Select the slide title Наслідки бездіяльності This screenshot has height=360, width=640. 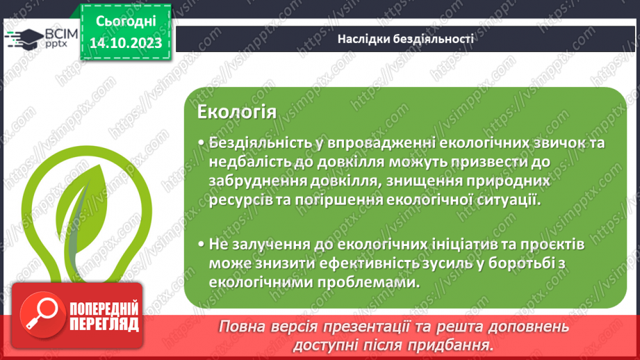point(405,39)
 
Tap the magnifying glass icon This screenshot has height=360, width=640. point(39,313)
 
